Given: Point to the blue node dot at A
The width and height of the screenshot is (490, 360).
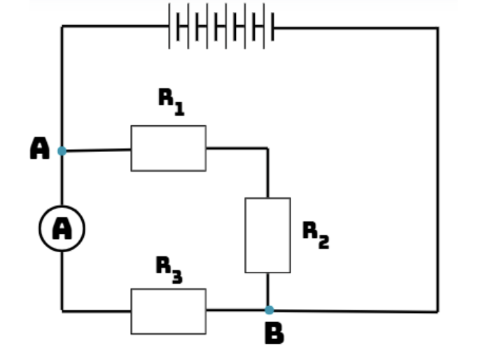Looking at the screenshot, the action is pyautogui.click(x=62, y=151).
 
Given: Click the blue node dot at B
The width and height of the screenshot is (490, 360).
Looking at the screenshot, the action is pyautogui.click(x=269, y=310).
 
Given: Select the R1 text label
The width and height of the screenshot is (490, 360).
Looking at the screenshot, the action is pyautogui.click(x=171, y=102).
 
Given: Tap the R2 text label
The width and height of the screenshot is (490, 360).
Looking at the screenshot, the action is pyautogui.click(x=316, y=235).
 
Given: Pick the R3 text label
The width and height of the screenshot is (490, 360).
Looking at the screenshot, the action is pyautogui.click(x=169, y=270).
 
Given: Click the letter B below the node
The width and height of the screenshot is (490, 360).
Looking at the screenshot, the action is pyautogui.click(x=274, y=333).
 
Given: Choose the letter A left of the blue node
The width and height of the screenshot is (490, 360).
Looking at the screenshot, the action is pyautogui.click(x=40, y=148).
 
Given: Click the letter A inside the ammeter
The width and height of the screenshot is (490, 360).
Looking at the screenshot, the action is pyautogui.click(x=62, y=228).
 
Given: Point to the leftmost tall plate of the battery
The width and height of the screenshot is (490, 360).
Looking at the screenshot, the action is pyautogui.click(x=169, y=26).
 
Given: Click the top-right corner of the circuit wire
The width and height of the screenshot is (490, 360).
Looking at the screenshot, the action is pyautogui.click(x=437, y=28).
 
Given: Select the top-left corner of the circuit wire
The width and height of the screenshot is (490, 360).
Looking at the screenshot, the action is pyautogui.click(x=62, y=26).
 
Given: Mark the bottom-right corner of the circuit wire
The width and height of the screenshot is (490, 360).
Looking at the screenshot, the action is pyautogui.click(x=437, y=312).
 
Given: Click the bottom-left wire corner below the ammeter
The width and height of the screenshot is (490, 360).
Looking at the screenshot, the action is pyautogui.click(x=62, y=311).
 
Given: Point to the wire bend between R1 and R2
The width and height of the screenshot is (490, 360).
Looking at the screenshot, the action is pyautogui.click(x=268, y=148).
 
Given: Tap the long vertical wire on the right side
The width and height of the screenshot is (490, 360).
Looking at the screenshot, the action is pyautogui.click(x=437, y=169).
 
